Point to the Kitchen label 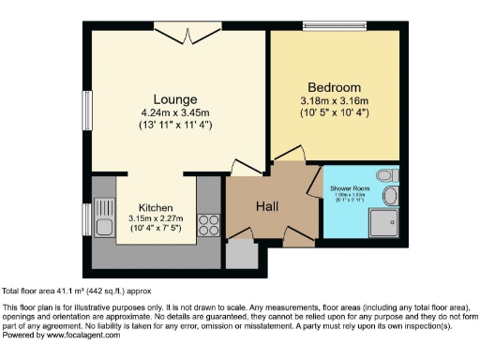click(x=155, y=208)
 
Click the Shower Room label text click(x=350, y=189)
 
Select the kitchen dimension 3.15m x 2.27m click(x=155, y=220)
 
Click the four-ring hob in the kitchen click(x=209, y=226)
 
